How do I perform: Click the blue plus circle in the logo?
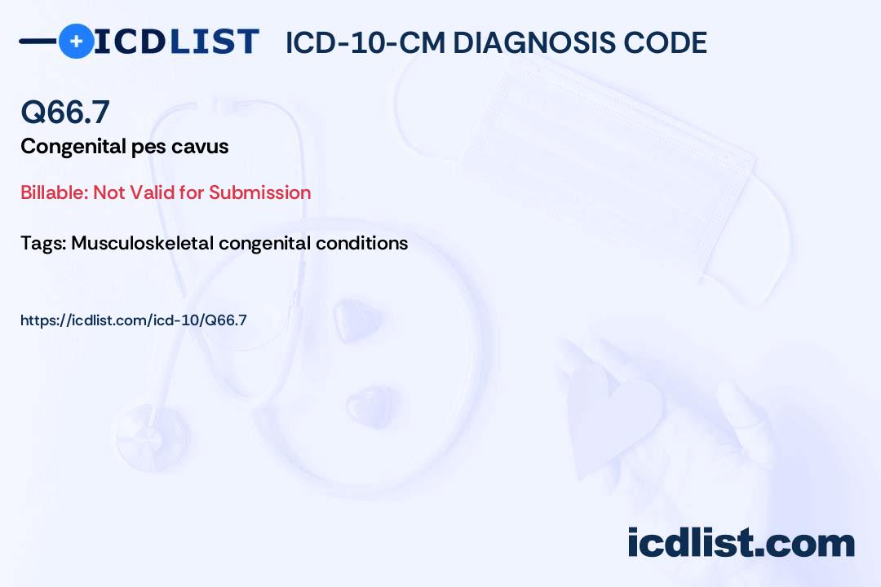click(76, 42)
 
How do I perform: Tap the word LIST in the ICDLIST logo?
click(214, 42)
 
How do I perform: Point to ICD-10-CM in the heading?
click(365, 42)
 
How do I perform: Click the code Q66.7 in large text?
click(65, 112)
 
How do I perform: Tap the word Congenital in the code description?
click(73, 147)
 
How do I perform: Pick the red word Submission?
click(259, 192)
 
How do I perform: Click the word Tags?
click(43, 243)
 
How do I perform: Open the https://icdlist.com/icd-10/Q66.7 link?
click(134, 320)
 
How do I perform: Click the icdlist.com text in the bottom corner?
click(742, 542)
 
